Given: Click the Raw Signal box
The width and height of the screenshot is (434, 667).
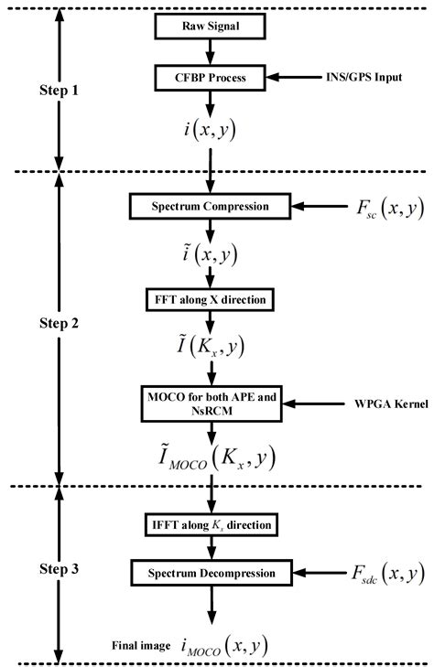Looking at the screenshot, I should tap(212, 27).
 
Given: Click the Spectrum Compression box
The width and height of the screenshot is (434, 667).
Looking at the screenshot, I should tap(212, 206).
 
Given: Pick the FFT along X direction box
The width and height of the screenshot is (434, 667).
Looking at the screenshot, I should tap(212, 298).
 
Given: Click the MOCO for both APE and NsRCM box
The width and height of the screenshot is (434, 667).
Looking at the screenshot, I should tap(212, 403).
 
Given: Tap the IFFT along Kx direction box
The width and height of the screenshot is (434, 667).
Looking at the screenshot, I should tap(212, 525).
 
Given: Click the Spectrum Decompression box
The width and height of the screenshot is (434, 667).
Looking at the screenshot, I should tap(212, 574).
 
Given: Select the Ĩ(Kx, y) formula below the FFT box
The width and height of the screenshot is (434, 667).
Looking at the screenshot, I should tap(212, 348).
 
